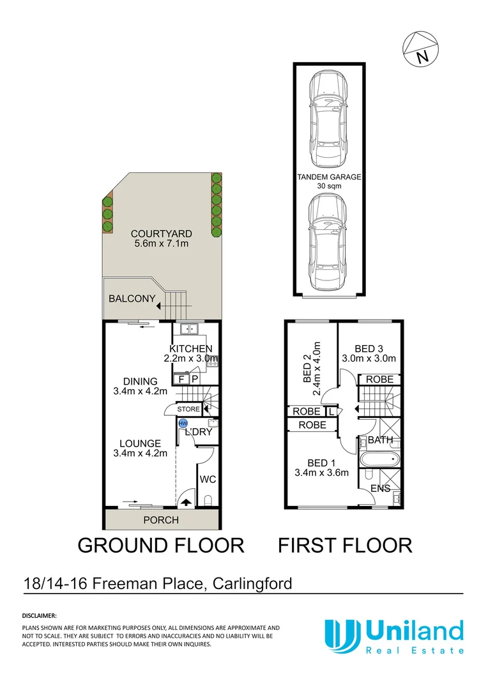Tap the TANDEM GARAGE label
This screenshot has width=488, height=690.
click(328, 177)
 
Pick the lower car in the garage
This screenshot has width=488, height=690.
click(327, 241)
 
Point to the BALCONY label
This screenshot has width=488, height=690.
click(132, 298)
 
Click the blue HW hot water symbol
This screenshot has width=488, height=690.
click(183, 423)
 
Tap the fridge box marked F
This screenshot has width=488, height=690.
click(181, 379)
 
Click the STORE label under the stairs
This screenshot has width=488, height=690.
click(188, 409)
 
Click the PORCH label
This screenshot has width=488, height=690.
click(161, 520)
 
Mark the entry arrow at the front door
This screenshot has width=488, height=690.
click(186, 502)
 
